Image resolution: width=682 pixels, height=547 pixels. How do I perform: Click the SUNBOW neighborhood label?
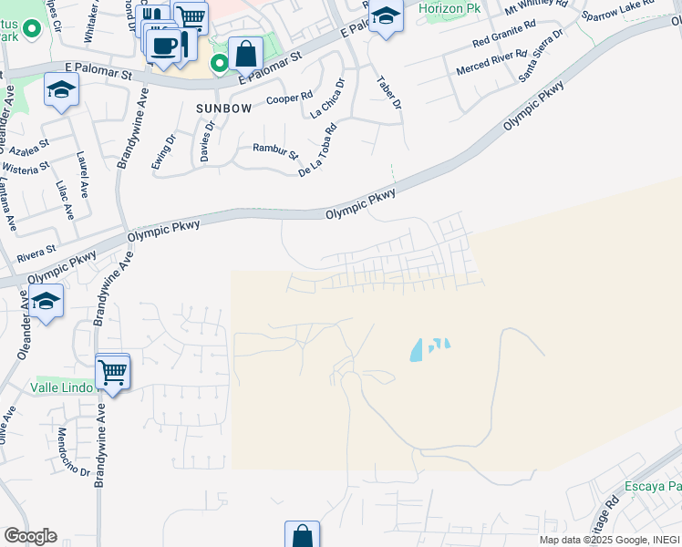click(223, 108)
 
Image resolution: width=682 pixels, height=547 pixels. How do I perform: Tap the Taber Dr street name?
click(389, 92)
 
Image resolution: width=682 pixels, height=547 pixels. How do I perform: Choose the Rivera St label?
click(37, 247)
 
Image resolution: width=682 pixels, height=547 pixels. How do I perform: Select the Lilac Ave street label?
click(64, 199)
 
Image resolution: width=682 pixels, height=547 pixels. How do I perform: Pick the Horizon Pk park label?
click(449, 8)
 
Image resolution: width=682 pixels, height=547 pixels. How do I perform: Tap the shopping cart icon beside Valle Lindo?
click(113, 370)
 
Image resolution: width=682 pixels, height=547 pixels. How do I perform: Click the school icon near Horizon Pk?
click(387, 16)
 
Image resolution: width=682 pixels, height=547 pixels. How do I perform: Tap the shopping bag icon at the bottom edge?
click(302, 536)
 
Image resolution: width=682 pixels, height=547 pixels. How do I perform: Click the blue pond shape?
click(422, 349)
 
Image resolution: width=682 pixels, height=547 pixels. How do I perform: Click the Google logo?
click(30, 536)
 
